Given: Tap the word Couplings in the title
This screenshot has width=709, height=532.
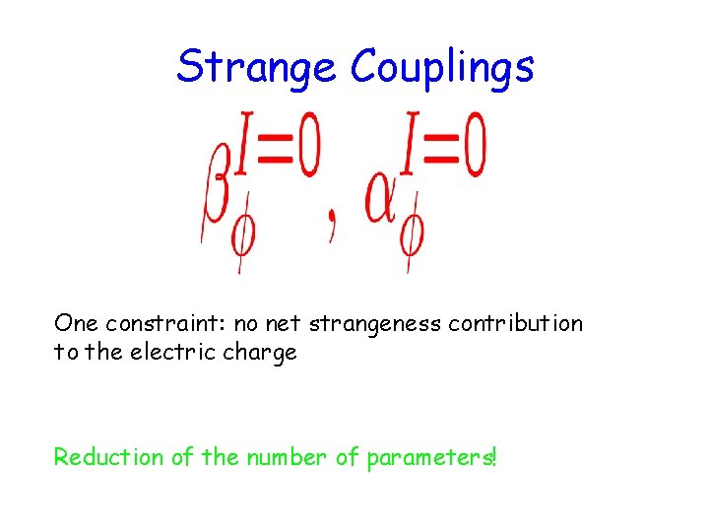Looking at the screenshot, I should (442, 67).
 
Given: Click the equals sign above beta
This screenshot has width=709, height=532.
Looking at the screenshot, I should (270, 154).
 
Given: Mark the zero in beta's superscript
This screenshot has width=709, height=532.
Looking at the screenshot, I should (307, 152).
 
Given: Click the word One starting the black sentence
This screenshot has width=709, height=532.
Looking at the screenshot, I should (76, 324).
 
